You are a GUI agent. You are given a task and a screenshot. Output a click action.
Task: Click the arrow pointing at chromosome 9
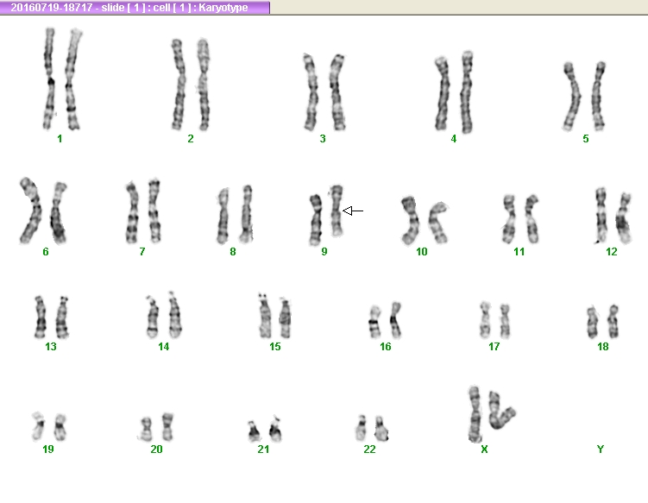(353, 211)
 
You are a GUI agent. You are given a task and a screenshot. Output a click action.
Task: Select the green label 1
(60, 139)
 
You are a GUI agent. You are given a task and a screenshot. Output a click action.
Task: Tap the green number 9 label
(324, 251)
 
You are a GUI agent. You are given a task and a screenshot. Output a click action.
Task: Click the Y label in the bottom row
(601, 449)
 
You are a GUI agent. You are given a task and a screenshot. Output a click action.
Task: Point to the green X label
(484, 449)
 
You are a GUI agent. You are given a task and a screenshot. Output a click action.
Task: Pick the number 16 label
(386, 346)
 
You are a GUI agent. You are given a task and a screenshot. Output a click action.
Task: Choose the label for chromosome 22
(370, 449)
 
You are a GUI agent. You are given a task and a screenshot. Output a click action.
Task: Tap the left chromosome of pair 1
(49, 79)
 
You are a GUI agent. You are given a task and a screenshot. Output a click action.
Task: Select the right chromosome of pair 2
(204, 85)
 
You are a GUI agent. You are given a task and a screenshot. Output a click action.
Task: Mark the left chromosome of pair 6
(30, 211)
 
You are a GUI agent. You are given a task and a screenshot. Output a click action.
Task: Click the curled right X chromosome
(500, 411)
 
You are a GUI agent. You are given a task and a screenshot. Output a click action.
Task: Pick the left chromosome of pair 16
(374, 322)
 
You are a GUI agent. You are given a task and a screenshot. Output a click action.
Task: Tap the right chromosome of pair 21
(275, 429)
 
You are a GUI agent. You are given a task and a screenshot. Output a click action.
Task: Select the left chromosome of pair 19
(39, 426)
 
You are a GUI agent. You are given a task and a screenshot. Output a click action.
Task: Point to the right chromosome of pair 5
(598, 96)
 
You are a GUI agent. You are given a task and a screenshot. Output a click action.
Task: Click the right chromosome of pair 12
(623, 217)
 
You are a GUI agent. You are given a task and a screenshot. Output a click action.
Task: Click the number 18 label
(603, 346)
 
